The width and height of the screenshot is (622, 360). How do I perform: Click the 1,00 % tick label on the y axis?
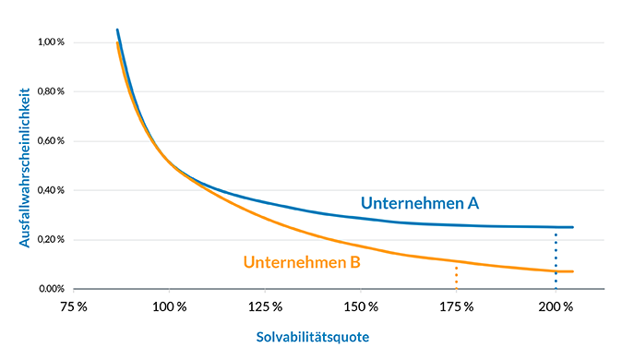tap(51, 42)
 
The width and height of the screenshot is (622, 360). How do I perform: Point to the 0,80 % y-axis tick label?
tap(51, 91)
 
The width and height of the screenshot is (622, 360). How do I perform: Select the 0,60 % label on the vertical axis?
tap(51, 141)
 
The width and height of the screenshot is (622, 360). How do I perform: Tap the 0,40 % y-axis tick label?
tap(51, 190)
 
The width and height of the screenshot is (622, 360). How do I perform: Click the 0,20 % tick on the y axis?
tap(51, 239)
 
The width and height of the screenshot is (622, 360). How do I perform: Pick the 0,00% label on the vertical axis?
tap(51, 289)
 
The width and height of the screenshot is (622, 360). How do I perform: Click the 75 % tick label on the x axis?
tap(73, 306)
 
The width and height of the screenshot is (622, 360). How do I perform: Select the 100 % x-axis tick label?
tap(169, 306)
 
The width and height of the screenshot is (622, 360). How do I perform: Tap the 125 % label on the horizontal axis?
tap(265, 306)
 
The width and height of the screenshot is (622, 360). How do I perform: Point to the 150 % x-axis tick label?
tap(361, 306)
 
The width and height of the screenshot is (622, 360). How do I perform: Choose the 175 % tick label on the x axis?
tap(457, 306)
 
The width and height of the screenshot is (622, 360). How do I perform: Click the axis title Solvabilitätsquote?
tap(312, 337)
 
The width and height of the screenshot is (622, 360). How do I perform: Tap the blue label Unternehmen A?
tap(418, 203)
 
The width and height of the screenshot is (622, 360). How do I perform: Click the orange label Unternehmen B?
tap(302, 261)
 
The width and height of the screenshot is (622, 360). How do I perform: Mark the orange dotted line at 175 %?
tap(456, 277)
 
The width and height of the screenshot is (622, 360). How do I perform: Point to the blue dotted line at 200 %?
tap(556, 258)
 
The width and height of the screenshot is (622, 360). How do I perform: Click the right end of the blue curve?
tap(573, 227)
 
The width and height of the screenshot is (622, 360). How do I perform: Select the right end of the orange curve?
tap(573, 271)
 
